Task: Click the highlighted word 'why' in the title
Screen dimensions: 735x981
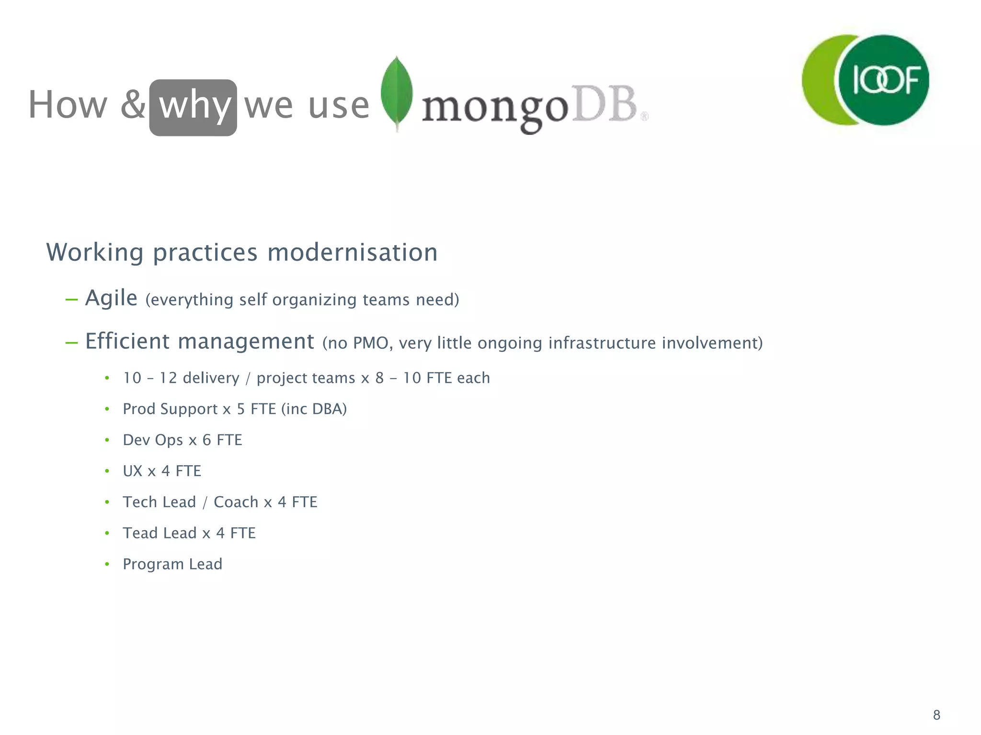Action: click(193, 106)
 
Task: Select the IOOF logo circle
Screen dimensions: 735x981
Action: click(884, 80)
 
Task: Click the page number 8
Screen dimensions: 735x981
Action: click(936, 715)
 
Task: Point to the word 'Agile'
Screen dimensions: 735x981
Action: click(111, 299)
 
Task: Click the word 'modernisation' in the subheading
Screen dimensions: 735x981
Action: click(352, 253)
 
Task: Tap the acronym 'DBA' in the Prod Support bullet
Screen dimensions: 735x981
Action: click(329, 409)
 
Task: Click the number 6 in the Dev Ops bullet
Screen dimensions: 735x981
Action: click(207, 440)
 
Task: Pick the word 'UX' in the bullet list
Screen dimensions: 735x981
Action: click(133, 471)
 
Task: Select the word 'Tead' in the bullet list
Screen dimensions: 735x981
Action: click(139, 533)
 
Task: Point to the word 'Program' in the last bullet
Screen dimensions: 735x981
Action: click(153, 564)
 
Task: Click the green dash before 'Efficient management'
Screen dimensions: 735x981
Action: click(72, 343)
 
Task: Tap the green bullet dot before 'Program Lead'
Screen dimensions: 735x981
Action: click(107, 564)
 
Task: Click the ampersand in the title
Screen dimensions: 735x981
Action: click(133, 105)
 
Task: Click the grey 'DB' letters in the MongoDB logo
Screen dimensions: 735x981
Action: click(605, 104)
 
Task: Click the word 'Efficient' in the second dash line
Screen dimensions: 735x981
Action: click(126, 342)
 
